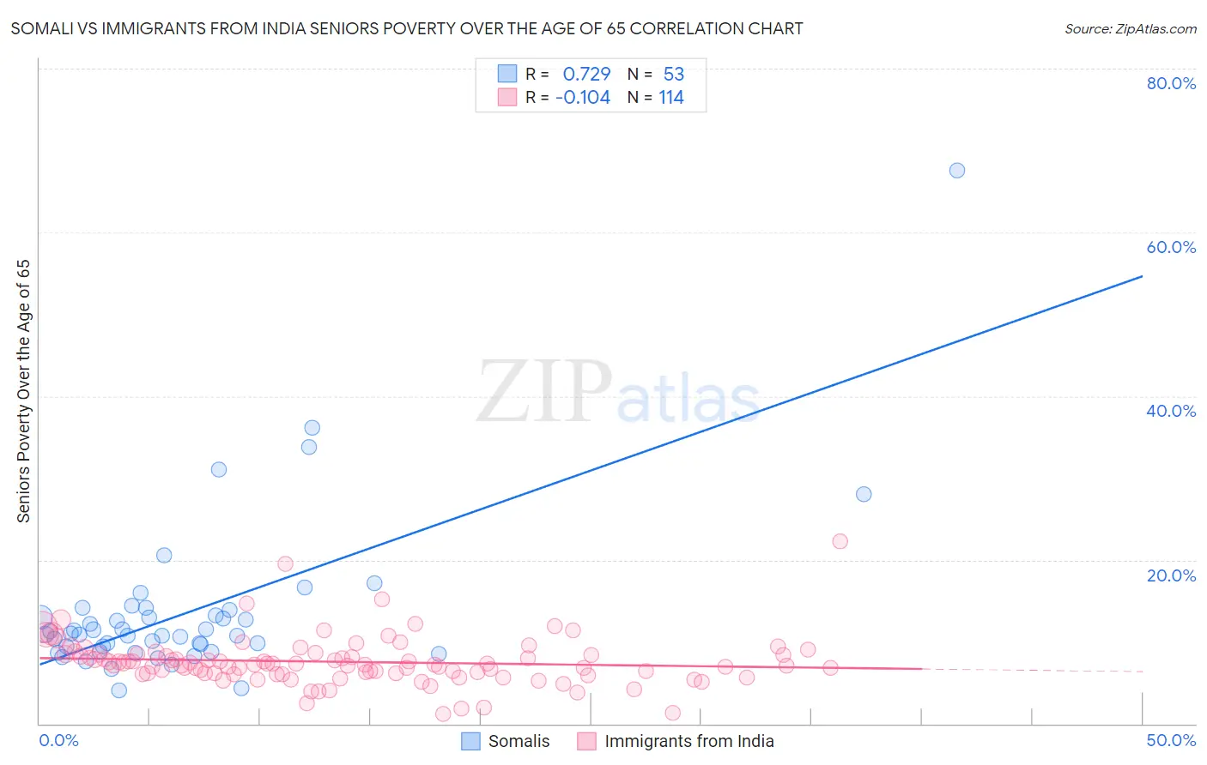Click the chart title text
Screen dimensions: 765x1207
(407, 28)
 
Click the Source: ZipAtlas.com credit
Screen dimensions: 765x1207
(1130, 28)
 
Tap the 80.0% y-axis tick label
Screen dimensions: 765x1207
(1171, 83)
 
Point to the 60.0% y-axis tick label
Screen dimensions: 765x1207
(1171, 247)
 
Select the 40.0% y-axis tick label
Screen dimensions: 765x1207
(1171, 411)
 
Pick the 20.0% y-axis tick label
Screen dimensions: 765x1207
(1171, 575)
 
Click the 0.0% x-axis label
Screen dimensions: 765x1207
(58, 740)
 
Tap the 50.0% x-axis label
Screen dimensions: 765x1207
(1171, 740)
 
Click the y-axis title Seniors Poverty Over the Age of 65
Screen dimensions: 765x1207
(23, 390)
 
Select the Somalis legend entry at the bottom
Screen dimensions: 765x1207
(506, 741)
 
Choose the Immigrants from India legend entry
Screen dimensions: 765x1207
(676, 741)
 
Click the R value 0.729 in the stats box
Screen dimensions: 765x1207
(586, 74)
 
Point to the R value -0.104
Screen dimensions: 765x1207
(583, 97)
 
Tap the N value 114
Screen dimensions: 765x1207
(671, 97)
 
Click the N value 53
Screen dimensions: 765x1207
(673, 74)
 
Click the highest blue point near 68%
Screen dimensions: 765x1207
(957, 171)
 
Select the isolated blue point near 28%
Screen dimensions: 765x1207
(864, 494)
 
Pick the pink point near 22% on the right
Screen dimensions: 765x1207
(840, 541)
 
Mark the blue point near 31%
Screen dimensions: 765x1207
(219, 469)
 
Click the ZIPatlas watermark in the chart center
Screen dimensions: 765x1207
(618, 393)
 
